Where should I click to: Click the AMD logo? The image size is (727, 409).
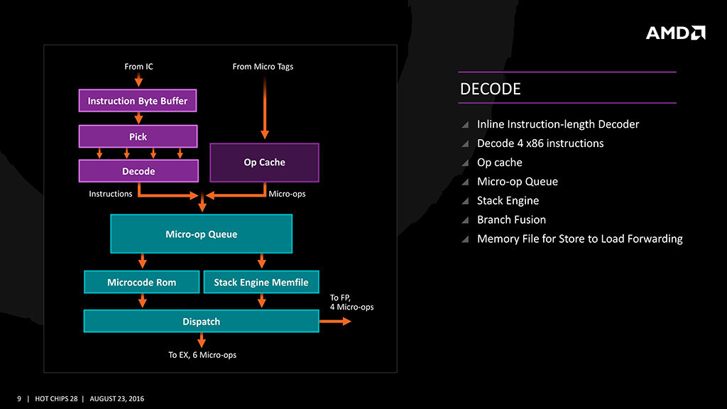675,33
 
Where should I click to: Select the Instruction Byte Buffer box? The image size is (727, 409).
138,101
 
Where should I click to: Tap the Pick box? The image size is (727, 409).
138,136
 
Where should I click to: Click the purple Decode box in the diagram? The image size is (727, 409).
138,171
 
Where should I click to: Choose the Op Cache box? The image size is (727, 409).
264,163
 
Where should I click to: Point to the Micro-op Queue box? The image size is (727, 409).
201,234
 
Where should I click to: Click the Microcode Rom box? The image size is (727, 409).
142,282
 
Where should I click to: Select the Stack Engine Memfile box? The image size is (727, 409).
261,282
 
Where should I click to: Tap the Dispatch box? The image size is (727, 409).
201,322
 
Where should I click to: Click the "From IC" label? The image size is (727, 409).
138,67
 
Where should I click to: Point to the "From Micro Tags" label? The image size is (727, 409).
263,67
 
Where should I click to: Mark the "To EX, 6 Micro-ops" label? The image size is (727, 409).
202,354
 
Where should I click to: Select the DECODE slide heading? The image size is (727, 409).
491,89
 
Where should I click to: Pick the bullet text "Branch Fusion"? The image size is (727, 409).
511,220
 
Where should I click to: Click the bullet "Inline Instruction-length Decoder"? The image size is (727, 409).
558,124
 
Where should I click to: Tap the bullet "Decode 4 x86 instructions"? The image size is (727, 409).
540,143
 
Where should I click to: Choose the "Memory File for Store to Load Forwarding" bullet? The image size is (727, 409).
579,239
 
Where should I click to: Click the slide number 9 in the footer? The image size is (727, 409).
19,398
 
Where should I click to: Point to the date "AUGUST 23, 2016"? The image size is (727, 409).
117,398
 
